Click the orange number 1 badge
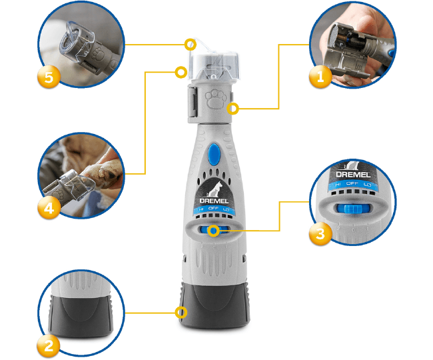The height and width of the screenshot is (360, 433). (320, 77)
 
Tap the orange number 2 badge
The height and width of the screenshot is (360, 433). (49, 345)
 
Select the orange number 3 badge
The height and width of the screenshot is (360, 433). (320, 234)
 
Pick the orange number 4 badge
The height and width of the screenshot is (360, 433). (49, 207)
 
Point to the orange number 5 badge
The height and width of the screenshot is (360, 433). (49, 77)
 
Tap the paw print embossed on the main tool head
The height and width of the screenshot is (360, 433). (215, 99)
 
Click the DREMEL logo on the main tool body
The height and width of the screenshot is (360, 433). (214, 201)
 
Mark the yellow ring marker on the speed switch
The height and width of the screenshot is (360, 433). (213, 231)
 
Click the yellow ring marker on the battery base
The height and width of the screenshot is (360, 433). (181, 313)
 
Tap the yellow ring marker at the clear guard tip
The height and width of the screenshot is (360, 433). (191, 44)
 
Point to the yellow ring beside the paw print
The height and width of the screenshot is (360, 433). (232, 109)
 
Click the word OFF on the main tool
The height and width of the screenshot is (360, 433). (213, 208)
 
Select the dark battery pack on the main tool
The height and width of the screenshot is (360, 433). (215, 305)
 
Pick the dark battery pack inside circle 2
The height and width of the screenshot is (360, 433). (81, 315)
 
